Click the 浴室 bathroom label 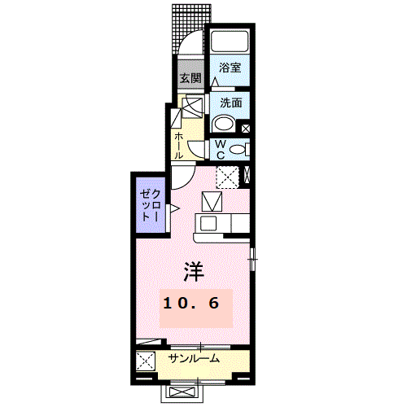(230, 69)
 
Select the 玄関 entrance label (190, 79)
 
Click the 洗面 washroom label (230, 103)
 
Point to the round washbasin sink (223, 125)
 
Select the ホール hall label (178, 144)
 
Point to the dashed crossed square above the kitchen (227, 176)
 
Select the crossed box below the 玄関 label (194, 107)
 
